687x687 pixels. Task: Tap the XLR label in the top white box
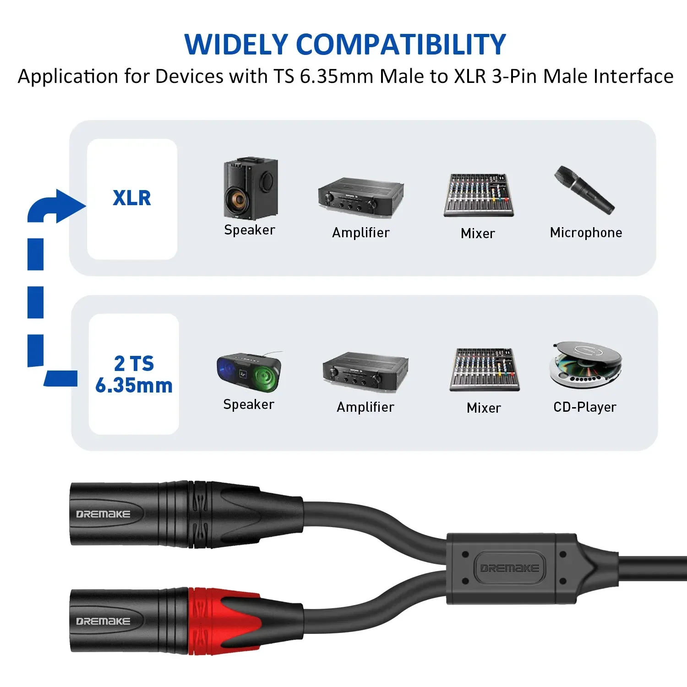click(x=132, y=198)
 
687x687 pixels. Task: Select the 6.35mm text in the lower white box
click(x=134, y=386)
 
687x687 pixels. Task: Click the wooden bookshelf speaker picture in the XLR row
click(x=250, y=188)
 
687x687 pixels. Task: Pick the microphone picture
click(x=584, y=190)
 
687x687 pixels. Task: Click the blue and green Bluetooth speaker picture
click(x=249, y=371)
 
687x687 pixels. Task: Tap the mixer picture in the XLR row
click(x=478, y=195)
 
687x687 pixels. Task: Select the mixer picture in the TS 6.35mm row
click(x=485, y=370)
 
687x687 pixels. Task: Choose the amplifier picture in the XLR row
click(x=361, y=196)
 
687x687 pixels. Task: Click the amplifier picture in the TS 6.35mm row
click(x=365, y=372)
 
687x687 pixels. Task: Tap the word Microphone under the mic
click(x=586, y=233)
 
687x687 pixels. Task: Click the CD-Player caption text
click(x=585, y=407)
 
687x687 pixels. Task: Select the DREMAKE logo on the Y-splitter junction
click(x=509, y=568)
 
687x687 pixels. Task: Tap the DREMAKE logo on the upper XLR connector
click(x=103, y=514)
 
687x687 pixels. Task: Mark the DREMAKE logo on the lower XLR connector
click(x=103, y=622)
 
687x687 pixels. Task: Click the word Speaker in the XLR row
click(x=250, y=230)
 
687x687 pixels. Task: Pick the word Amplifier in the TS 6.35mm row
click(x=365, y=407)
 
